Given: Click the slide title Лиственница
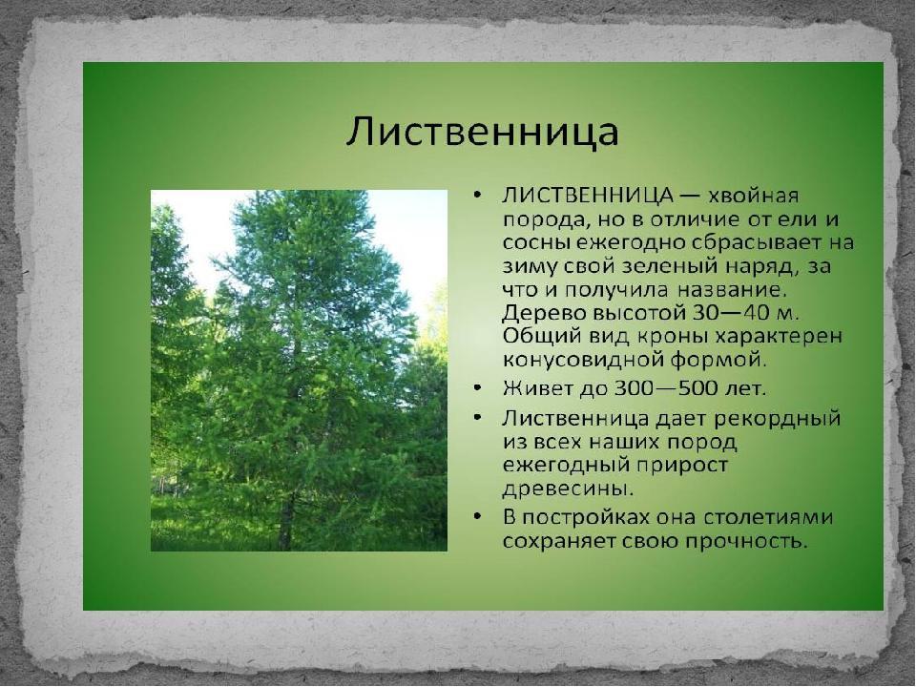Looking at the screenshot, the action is click(482, 132).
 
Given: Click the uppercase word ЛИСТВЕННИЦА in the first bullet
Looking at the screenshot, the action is click(588, 196).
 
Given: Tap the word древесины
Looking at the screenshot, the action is click(568, 489).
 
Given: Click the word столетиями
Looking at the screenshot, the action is click(767, 518).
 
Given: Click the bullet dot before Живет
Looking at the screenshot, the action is click(478, 388).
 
